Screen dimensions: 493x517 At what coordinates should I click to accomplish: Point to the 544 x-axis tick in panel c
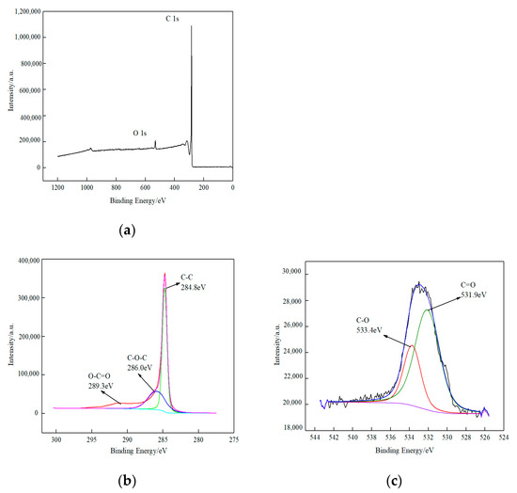tap(320, 437)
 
